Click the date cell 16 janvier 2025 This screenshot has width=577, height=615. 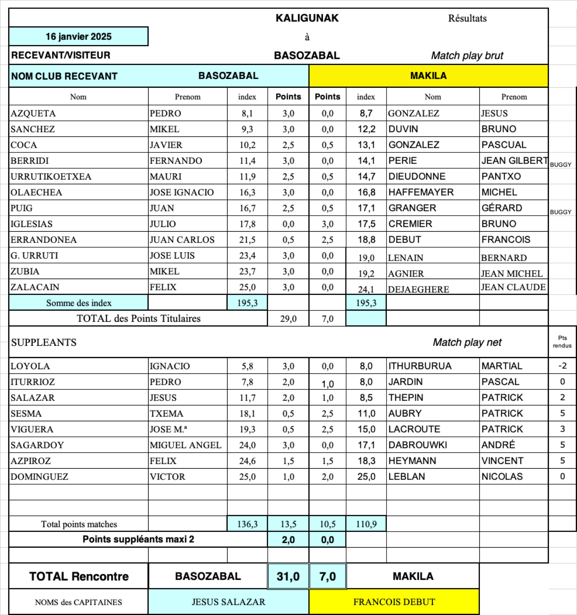tap(79, 36)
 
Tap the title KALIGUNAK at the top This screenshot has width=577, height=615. tap(307, 18)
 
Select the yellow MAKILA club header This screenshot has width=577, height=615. tap(428, 76)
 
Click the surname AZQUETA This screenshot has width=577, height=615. tap(33, 113)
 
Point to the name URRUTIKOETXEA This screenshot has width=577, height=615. tap(51, 177)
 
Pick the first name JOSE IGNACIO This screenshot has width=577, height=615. tap(182, 192)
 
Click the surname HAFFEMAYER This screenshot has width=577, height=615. tap(421, 192)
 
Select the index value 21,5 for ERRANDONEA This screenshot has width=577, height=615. tap(247, 240)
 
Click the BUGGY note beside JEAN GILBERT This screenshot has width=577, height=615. tap(560, 165)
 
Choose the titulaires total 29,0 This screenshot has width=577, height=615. tap(288, 319)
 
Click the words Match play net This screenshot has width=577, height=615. tap(467, 343)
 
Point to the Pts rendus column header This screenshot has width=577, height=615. tap(562, 342)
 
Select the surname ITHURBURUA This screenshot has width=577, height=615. tap(420, 366)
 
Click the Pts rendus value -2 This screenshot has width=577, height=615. tap(562, 366)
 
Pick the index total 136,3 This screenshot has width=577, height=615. tap(247, 524)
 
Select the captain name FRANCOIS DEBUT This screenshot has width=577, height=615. tap(394, 602)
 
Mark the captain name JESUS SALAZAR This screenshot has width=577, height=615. tap(228, 602)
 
